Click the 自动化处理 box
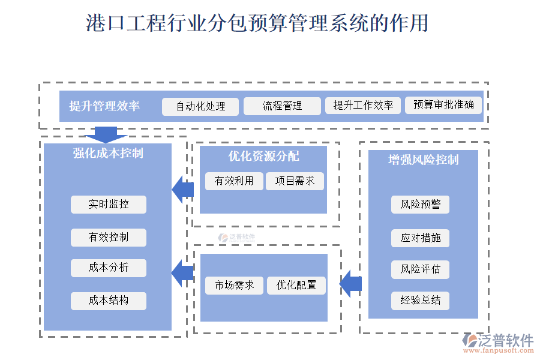pyautogui.click(x=200, y=106)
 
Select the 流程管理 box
pyautogui.click(x=282, y=106)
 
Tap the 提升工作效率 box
pyautogui.click(x=363, y=106)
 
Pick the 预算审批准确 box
pyautogui.click(x=443, y=105)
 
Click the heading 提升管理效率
pyautogui.click(x=104, y=106)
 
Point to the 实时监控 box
pyautogui.click(x=109, y=204)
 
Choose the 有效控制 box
pyautogui.click(x=109, y=237)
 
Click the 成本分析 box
pyautogui.click(x=109, y=268)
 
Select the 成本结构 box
pyautogui.click(x=109, y=301)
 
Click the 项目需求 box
pyautogui.click(x=295, y=181)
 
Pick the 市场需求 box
pyautogui.click(x=234, y=285)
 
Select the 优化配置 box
pyautogui.click(x=296, y=285)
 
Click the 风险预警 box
pyautogui.click(x=421, y=204)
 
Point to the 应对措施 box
pyautogui.click(x=421, y=238)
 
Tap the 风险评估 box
pyautogui.click(x=421, y=269)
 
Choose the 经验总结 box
pyautogui.click(x=421, y=301)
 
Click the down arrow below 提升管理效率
pyautogui.click(x=106, y=134)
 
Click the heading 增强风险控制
pyautogui.click(x=424, y=160)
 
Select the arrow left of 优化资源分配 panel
pyautogui.click(x=182, y=190)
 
